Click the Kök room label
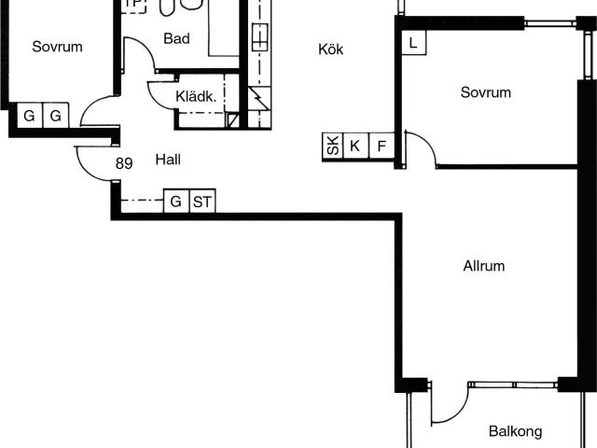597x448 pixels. pos(330,49)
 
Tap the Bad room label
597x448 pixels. pos(176,38)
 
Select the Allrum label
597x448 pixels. pos(484,266)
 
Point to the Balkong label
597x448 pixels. pos(516,431)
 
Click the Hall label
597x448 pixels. pos(168,160)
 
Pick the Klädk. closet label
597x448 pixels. pos(196,97)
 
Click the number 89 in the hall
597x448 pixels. pos(124,163)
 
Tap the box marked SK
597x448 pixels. pos(333,146)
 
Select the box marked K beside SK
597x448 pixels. pos(356,146)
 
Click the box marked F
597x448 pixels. pos(382,146)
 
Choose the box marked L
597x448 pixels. pos(414,43)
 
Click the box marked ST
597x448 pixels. pos(202,201)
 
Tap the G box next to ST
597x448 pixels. pos(176,201)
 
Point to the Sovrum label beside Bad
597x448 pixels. pos(57,47)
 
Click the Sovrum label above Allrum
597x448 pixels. pos(486,92)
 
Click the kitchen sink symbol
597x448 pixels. pos(259,37)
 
